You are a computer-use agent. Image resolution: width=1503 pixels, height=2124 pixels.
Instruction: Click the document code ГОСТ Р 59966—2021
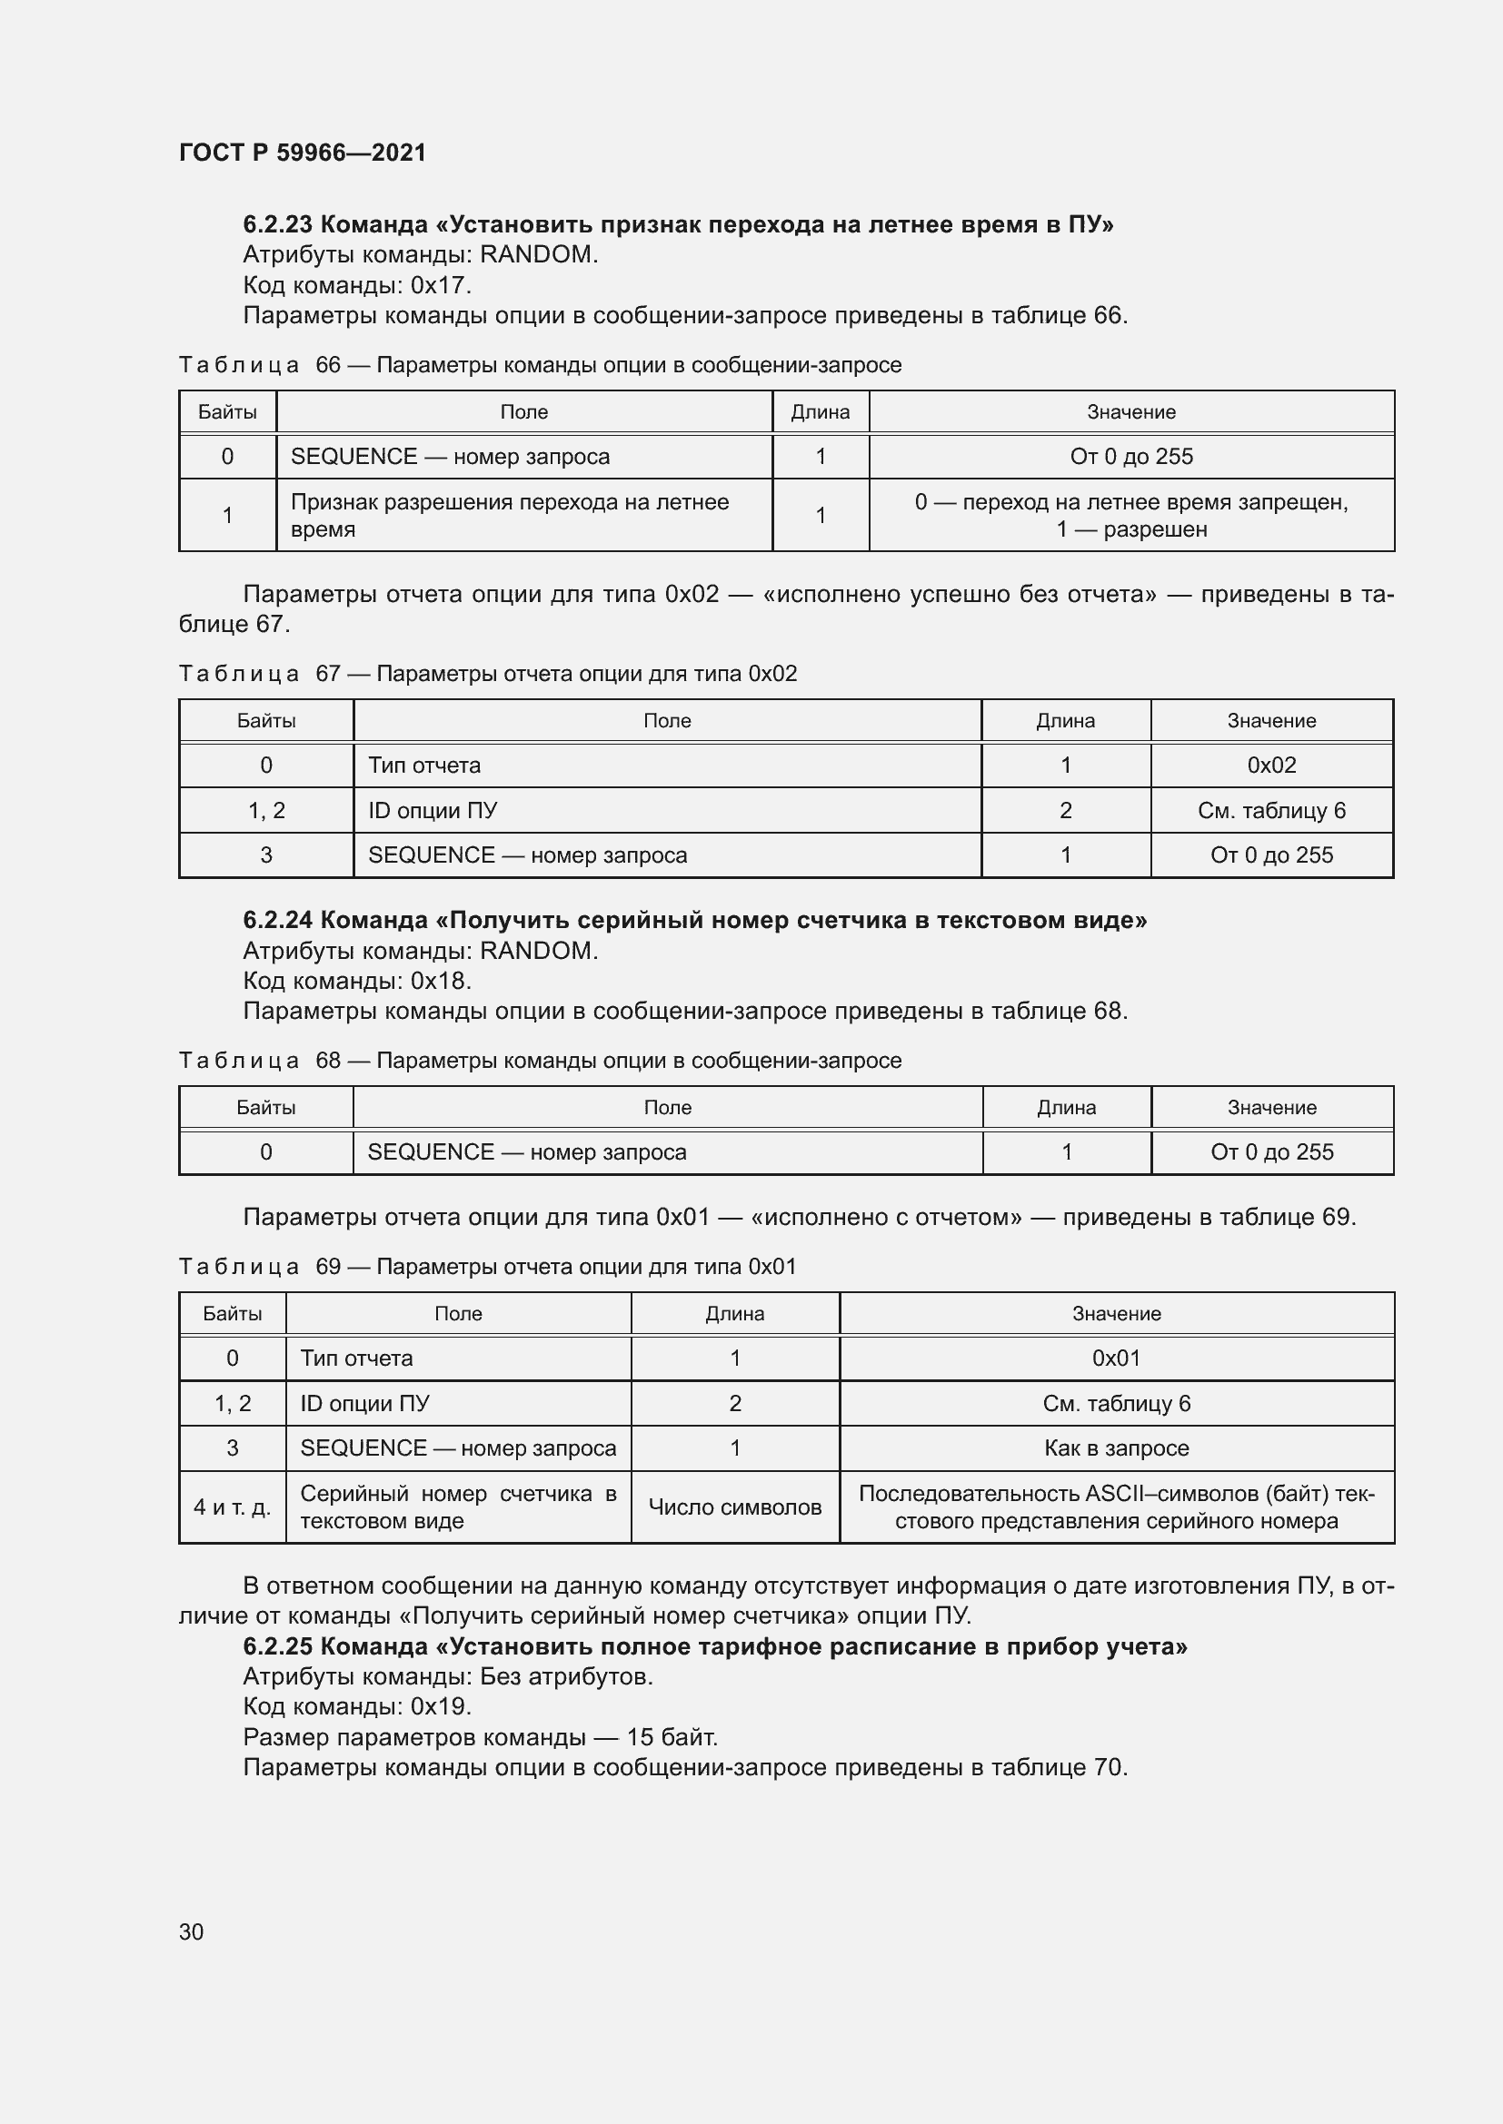point(302,153)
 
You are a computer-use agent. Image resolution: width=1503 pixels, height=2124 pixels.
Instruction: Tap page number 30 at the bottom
point(191,1931)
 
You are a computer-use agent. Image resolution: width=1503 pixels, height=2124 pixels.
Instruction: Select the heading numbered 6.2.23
point(678,225)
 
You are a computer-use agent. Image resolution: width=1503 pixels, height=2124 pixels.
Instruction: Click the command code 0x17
point(441,285)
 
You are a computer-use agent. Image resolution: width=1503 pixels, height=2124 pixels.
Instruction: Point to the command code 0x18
point(441,981)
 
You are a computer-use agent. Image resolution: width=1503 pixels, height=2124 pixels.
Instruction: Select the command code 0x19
point(441,1706)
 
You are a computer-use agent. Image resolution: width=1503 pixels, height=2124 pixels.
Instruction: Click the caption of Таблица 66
point(540,364)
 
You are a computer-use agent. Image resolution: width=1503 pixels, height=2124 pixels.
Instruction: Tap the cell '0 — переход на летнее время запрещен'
point(1131,502)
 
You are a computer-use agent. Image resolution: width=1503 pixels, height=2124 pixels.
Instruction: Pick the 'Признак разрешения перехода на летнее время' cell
point(509,515)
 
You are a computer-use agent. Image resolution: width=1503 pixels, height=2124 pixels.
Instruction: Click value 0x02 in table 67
point(1271,765)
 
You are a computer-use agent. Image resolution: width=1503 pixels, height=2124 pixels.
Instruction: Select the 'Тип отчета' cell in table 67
point(424,765)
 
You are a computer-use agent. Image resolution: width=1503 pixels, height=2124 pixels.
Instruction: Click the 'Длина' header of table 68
point(1066,1107)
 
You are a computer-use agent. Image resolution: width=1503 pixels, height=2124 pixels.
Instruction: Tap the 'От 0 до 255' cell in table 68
point(1271,1151)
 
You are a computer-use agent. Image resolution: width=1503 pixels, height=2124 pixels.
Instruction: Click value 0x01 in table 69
point(1116,1358)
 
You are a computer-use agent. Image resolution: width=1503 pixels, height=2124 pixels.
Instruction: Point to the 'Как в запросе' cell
point(1116,1447)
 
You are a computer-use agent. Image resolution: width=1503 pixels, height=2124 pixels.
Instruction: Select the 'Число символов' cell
point(735,1507)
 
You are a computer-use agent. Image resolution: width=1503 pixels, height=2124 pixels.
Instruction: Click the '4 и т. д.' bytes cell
point(233,1507)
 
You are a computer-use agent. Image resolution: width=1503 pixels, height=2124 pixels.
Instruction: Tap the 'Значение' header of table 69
point(1116,1314)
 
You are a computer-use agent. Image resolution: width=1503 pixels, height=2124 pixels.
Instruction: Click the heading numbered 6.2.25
point(714,1645)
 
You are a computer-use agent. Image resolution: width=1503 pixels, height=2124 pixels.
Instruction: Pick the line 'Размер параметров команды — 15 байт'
point(481,1736)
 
